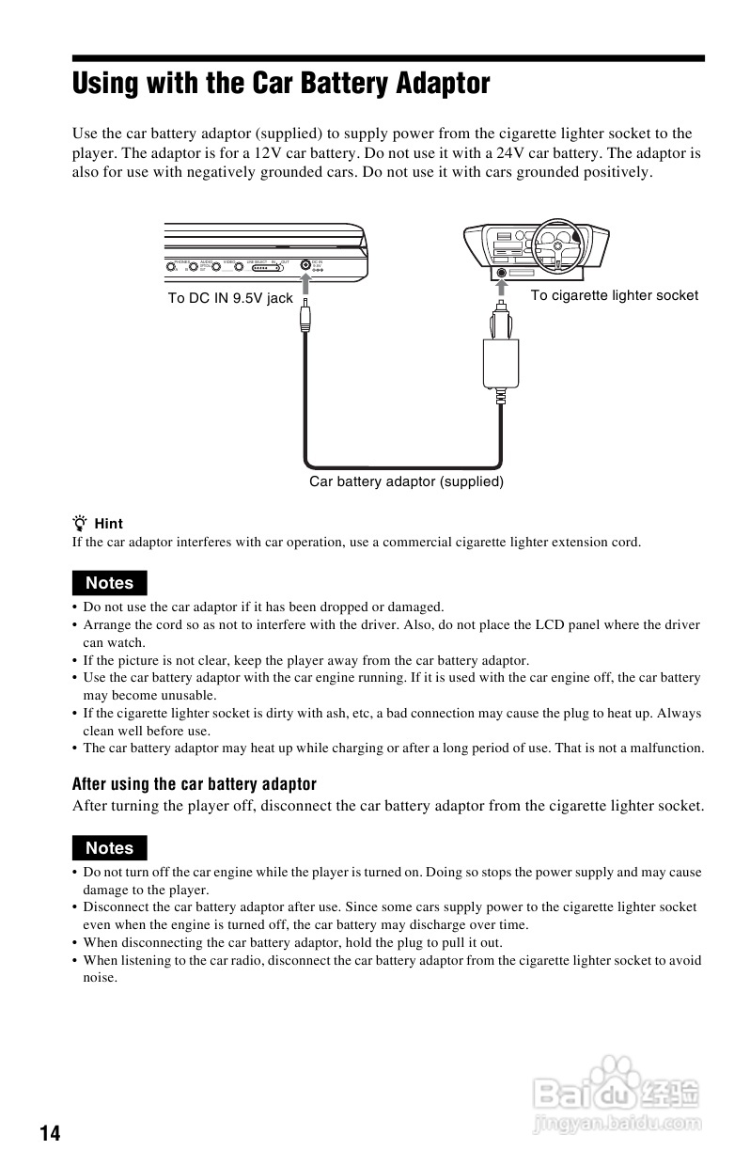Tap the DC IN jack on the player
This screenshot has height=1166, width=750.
pos(305,265)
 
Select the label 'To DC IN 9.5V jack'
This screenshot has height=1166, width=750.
pos(230,298)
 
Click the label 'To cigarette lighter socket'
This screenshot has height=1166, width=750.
pos(614,295)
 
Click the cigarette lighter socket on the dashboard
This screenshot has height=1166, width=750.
pos(500,273)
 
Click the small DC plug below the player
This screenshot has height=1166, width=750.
pos(305,320)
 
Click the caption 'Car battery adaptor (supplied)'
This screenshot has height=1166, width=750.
pos(407,481)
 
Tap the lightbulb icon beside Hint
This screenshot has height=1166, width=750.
pos(81,523)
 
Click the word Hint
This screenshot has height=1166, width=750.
pos(109,524)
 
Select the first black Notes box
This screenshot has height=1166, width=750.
pos(110,583)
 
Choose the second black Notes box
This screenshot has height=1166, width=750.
pos(110,848)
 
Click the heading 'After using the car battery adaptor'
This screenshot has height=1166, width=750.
pos(195,784)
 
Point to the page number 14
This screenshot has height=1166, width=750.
pos(50,1133)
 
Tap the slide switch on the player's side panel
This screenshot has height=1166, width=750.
pos(262,266)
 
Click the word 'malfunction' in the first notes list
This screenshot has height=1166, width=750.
pos(667,748)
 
